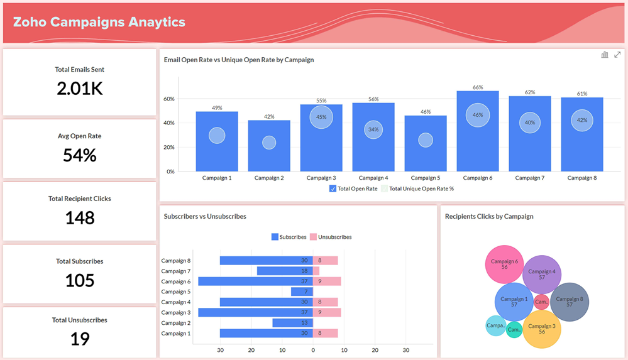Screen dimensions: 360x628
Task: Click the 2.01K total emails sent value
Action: pyautogui.click(x=79, y=89)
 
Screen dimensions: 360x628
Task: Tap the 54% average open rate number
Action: pyautogui.click(x=79, y=155)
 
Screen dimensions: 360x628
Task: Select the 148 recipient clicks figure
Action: pyautogui.click(x=79, y=218)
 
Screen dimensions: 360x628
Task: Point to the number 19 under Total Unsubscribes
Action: pyautogui.click(x=79, y=339)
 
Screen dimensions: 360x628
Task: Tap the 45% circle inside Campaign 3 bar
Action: pyautogui.click(x=321, y=117)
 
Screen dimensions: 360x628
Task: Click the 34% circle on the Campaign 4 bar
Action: pyautogui.click(x=373, y=130)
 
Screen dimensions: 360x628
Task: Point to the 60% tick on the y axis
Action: pyautogui.click(x=168, y=99)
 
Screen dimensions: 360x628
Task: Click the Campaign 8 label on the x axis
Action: pyautogui.click(x=581, y=178)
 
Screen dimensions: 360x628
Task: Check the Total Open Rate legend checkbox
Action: pyautogui.click(x=333, y=188)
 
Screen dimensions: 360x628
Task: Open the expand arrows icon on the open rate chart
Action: pyautogui.click(x=617, y=55)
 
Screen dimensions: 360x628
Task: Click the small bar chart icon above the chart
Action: pyautogui.click(x=605, y=55)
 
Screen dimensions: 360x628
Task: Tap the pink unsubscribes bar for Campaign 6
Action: pyautogui.click(x=327, y=281)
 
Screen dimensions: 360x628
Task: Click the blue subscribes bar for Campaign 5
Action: pyautogui.click(x=302, y=292)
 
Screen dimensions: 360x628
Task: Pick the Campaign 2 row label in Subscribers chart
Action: pyautogui.click(x=175, y=323)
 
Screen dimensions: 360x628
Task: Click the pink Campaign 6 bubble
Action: pyautogui.click(x=504, y=264)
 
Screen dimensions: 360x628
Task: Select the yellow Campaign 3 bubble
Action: pyautogui.click(x=542, y=329)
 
